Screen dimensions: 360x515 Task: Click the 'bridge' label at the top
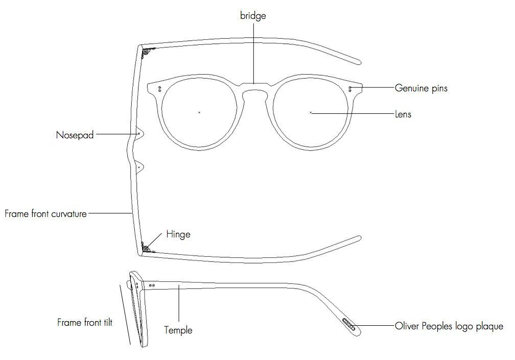click(x=253, y=16)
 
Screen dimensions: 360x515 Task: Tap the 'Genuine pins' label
click(x=421, y=88)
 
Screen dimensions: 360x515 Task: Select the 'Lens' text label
click(x=403, y=114)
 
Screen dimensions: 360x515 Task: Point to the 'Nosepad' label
click(x=75, y=135)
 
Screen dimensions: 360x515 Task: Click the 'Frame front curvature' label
click(x=45, y=213)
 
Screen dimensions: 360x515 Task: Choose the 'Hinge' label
click(x=178, y=234)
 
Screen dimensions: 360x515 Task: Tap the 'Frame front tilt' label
click(x=85, y=322)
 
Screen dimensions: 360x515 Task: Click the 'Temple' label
click(x=178, y=330)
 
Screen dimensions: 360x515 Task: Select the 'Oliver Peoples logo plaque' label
click(x=449, y=326)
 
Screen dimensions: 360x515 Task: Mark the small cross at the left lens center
click(x=199, y=112)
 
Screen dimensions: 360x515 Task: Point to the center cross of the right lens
click(x=311, y=111)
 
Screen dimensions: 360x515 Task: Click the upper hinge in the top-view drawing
click(x=148, y=52)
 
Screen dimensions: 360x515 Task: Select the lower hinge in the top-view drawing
click(x=147, y=248)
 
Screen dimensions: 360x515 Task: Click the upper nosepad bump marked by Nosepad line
click(x=139, y=133)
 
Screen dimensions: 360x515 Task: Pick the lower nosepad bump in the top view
click(x=139, y=167)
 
